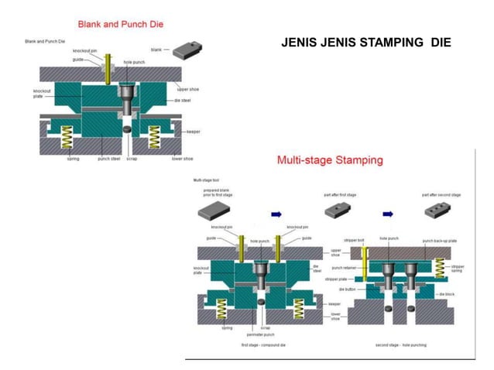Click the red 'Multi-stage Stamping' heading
330,161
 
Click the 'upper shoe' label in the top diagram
189,89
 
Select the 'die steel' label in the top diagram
184,101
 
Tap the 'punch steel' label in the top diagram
108,159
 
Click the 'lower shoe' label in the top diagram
183,159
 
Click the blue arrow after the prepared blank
277,214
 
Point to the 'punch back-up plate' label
439,242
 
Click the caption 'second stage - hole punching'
403,344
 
